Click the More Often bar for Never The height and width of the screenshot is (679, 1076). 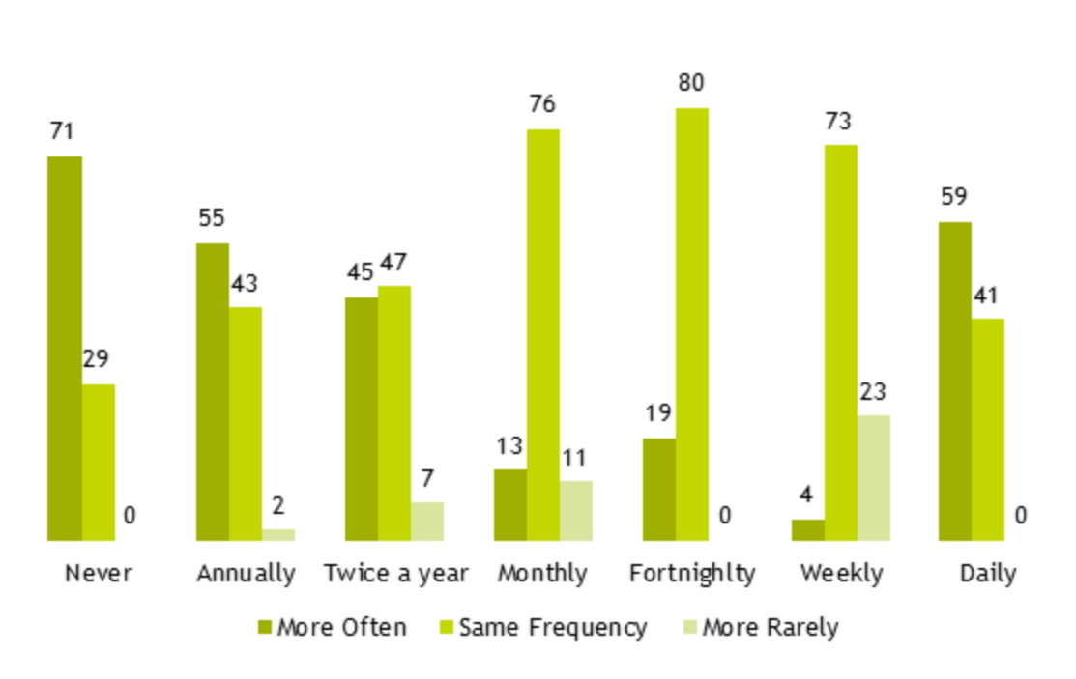[x=65, y=348]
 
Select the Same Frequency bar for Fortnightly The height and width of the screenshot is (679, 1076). [x=691, y=324]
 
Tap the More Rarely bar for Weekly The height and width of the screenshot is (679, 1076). [x=873, y=477]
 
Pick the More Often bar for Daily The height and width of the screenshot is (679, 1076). [x=954, y=381]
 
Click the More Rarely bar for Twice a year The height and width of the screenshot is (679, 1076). [x=426, y=521]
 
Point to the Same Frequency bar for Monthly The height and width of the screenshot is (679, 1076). [x=542, y=334]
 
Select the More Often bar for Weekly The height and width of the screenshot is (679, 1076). [x=807, y=529]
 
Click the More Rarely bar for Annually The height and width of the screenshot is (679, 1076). [x=277, y=534]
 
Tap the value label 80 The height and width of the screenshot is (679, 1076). [x=690, y=83]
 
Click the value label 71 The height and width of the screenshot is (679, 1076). [x=62, y=131]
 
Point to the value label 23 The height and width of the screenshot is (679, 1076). [x=872, y=391]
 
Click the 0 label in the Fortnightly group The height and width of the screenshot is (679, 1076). [x=724, y=516]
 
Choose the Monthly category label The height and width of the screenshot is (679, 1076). [x=542, y=573]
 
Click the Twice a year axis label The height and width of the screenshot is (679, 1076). [x=395, y=573]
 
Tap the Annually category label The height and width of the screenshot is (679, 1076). [x=246, y=573]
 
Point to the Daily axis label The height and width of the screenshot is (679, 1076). [x=988, y=573]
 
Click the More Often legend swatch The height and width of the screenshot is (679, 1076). [x=265, y=628]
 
